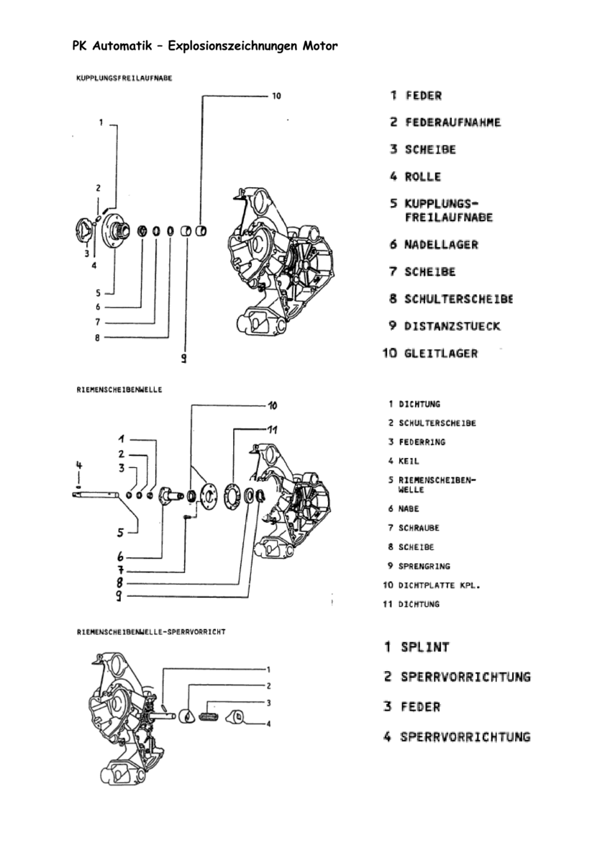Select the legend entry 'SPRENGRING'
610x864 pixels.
click(424, 566)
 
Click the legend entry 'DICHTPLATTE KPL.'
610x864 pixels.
click(438, 585)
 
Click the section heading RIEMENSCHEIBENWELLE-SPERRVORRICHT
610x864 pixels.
click(151, 631)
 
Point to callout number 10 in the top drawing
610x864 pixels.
click(276, 95)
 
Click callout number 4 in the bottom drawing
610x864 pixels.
click(268, 724)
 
